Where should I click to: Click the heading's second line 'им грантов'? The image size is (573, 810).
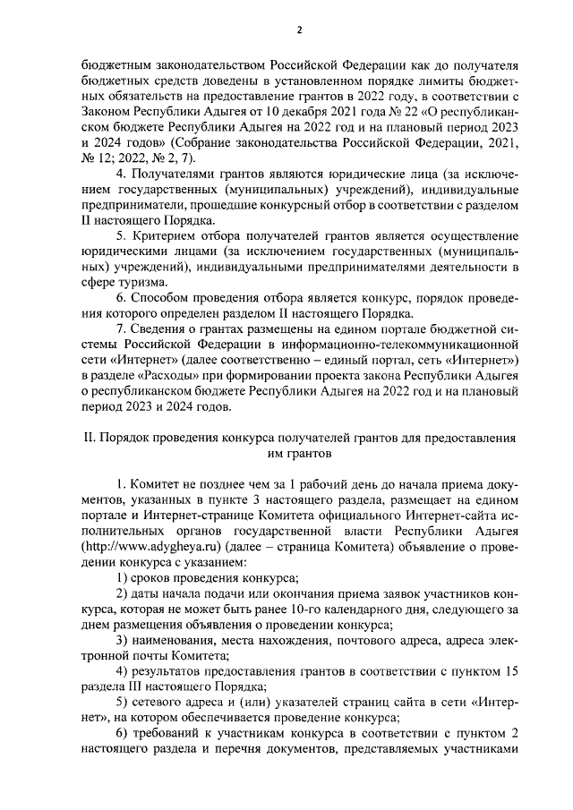coord(300,454)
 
